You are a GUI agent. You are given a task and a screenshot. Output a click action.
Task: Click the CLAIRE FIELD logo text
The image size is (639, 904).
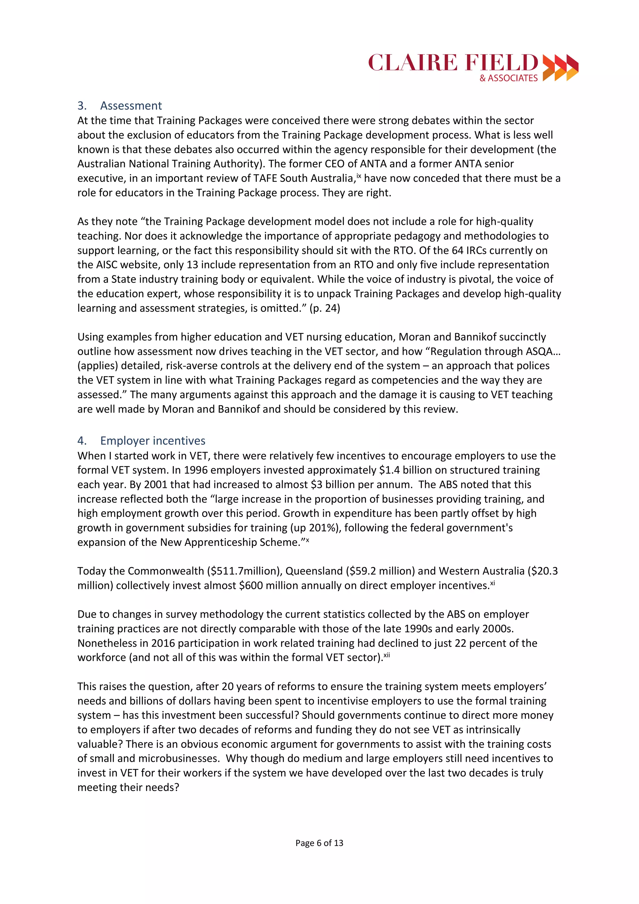click(x=453, y=63)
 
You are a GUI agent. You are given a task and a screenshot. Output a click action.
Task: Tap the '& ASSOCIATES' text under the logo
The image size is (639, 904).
click(x=508, y=78)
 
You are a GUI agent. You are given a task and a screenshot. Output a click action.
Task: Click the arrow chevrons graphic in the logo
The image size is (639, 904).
click(x=560, y=68)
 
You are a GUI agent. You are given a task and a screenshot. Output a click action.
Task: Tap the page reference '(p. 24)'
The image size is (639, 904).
click(x=325, y=308)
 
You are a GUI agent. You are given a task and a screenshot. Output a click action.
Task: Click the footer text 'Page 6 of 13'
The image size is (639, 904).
click(x=319, y=843)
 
